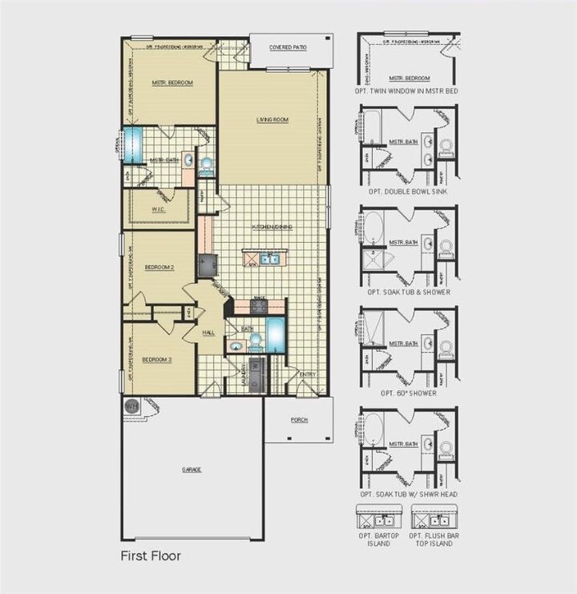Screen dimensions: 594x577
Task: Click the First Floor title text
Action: [151, 555]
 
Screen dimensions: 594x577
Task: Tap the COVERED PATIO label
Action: [288, 48]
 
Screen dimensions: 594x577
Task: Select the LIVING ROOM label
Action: [272, 120]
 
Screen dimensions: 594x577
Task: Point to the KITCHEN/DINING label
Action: [272, 227]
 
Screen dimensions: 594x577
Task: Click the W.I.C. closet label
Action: [158, 210]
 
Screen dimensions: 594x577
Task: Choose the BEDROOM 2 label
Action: [158, 267]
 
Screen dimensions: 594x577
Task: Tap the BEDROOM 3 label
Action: [157, 360]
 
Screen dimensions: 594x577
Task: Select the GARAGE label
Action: [192, 469]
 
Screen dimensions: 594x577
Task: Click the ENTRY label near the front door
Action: [308, 374]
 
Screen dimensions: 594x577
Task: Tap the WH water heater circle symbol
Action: [131, 406]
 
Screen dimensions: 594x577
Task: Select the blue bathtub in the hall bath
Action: [275, 334]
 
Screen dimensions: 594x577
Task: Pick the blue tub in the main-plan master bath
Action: [133, 143]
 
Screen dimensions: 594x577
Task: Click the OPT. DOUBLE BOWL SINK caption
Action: [406, 192]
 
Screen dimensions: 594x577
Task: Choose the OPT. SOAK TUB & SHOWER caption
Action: [407, 292]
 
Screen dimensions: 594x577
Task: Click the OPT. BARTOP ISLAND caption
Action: [373, 539]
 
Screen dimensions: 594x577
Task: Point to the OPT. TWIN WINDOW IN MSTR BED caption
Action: [407, 91]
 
